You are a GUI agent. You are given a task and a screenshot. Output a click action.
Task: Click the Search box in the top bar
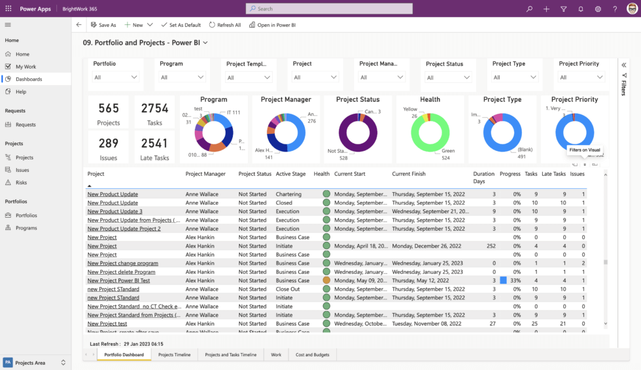(329, 8)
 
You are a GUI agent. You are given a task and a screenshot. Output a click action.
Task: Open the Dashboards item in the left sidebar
(29, 79)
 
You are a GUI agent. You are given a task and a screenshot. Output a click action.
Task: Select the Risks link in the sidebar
(22, 182)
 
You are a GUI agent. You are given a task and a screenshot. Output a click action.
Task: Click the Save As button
(103, 25)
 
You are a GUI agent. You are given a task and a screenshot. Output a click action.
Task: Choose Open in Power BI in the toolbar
(272, 25)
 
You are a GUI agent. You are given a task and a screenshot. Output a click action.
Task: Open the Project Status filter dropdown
(449, 77)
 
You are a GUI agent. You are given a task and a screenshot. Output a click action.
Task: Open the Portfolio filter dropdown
(116, 77)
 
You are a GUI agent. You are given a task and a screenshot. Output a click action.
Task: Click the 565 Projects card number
(109, 109)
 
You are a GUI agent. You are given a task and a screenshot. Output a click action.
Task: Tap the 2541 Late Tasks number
(154, 144)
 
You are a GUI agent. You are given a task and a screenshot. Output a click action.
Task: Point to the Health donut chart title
(430, 99)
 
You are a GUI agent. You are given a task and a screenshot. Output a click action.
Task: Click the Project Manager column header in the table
(205, 174)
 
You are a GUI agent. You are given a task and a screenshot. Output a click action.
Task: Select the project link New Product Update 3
(114, 211)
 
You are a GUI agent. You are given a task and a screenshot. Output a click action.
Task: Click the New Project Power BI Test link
(118, 280)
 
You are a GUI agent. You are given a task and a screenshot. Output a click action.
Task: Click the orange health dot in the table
(326, 280)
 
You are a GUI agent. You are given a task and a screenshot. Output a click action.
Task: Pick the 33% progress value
(515, 280)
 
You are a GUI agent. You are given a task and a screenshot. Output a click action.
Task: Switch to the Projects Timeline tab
(174, 354)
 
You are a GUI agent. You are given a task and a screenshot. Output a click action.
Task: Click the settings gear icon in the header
(598, 9)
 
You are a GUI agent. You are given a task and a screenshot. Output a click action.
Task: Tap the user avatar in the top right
(632, 9)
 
